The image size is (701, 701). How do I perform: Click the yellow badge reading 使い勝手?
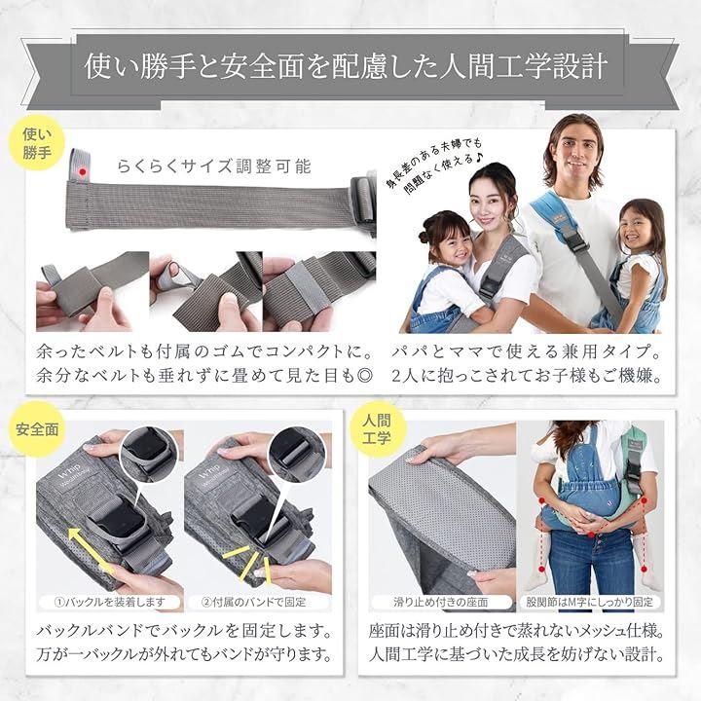[x=37, y=143]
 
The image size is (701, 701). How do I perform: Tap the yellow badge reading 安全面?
[x=37, y=429]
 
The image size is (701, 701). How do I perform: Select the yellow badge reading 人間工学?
[x=377, y=429]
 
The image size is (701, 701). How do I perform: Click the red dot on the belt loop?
[x=82, y=171]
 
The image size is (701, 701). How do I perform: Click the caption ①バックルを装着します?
[x=110, y=603]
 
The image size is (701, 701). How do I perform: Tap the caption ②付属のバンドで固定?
[x=253, y=603]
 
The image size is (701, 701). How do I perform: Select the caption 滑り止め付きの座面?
[x=441, y=603]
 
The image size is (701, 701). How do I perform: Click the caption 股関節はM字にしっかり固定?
[x=590, y=603]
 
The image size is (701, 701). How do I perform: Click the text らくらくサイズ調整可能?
[x=213, y=166]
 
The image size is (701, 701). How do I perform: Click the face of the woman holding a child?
[x=490, y=204]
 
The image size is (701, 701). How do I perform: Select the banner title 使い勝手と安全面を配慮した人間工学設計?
[x=346, y=66]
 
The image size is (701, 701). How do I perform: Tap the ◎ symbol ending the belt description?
[x=365, y=376]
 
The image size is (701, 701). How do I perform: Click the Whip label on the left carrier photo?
[x=70, y=470]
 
